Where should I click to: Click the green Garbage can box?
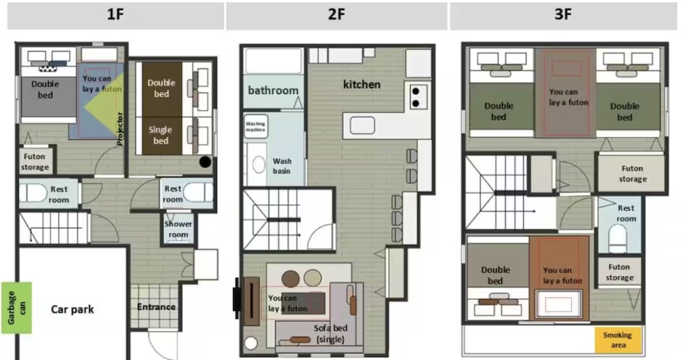16,308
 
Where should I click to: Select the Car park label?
72,309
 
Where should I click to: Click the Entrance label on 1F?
156,307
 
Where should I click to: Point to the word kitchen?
362,85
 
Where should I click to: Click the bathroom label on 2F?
273,90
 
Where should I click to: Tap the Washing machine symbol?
255,127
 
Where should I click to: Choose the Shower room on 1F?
179,229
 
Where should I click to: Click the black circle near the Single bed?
205,162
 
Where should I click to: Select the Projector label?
120,129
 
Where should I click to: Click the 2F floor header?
336,15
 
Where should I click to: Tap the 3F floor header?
563,15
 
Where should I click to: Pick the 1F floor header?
115,15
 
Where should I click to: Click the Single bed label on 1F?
160,135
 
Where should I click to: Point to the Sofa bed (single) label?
331,334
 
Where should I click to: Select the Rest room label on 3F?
626,213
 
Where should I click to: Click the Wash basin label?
282,166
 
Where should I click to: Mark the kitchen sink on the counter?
362,126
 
